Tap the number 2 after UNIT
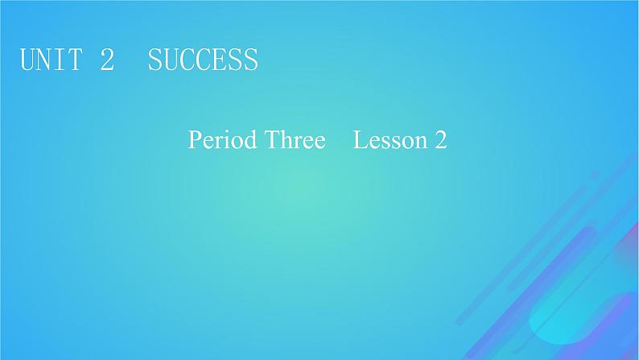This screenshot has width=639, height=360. (107, 60)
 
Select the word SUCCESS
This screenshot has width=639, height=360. (203, 60)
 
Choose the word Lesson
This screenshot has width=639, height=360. (390, 141)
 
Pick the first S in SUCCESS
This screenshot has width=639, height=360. (156, 60)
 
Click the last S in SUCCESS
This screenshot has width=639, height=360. (250, 60)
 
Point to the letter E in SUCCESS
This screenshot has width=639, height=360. (219, 60)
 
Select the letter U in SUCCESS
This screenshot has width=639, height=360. (171, 60)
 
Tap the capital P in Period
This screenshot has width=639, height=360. (194, 141)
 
